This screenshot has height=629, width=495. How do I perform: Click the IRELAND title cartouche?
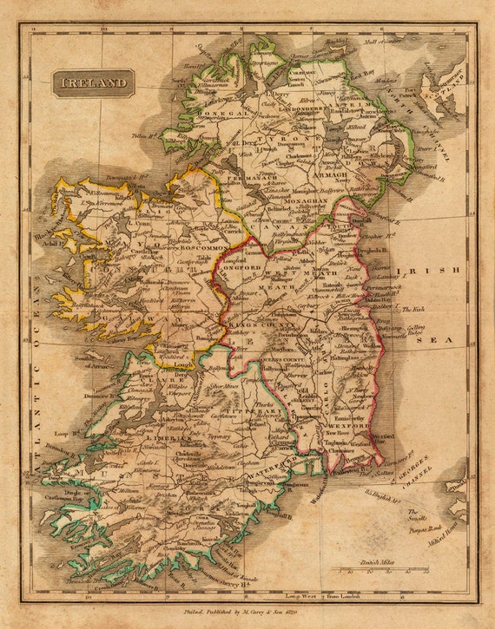(x=93, y=83)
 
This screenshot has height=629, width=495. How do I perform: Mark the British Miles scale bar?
(x=382, y=569)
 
